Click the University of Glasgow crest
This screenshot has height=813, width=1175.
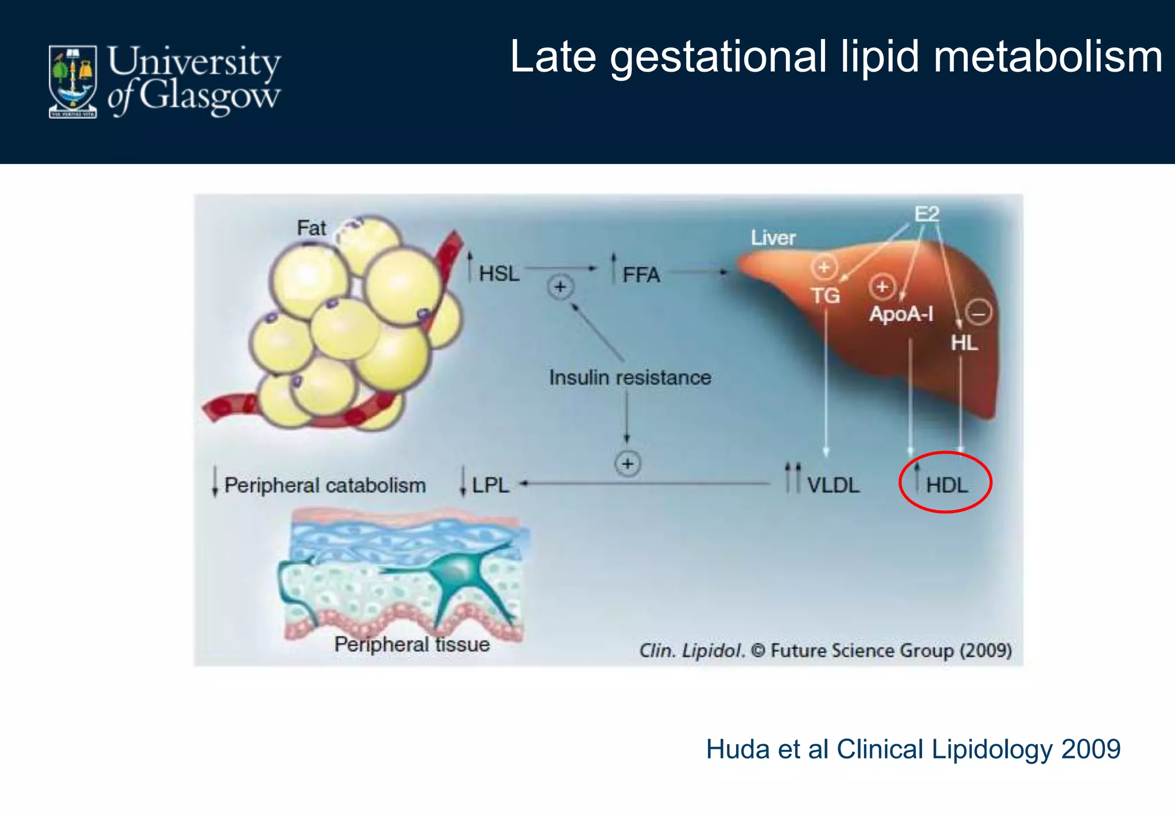tap(72, 81)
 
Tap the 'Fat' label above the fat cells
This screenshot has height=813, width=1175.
tap(312, 228)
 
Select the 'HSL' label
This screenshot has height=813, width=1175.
tap(499, 273)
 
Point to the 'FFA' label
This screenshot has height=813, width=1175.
tap(641, 275)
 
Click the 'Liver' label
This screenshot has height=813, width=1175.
tap(773, 237)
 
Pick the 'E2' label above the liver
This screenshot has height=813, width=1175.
tap(927, 214)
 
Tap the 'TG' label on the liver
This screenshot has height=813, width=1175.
tap(825, 296)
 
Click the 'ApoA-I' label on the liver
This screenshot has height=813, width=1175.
tap(901, 314)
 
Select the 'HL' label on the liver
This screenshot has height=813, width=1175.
tap(964, 343)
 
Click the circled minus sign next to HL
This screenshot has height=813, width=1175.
tap(978, 313)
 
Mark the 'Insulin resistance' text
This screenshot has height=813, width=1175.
tap(630, 377)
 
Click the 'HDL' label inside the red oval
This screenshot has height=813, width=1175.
tap(947, 485)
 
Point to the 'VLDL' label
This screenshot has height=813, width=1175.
tap(833, 485)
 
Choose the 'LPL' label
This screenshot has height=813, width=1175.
tap(491, 485)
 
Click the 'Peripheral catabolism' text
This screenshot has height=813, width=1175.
tap(325, 485)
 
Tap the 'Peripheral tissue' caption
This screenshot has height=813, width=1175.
tap(412, 644)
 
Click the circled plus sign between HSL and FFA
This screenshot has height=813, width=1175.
tap(560, 287)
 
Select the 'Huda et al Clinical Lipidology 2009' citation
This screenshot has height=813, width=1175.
tap(913, 749)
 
